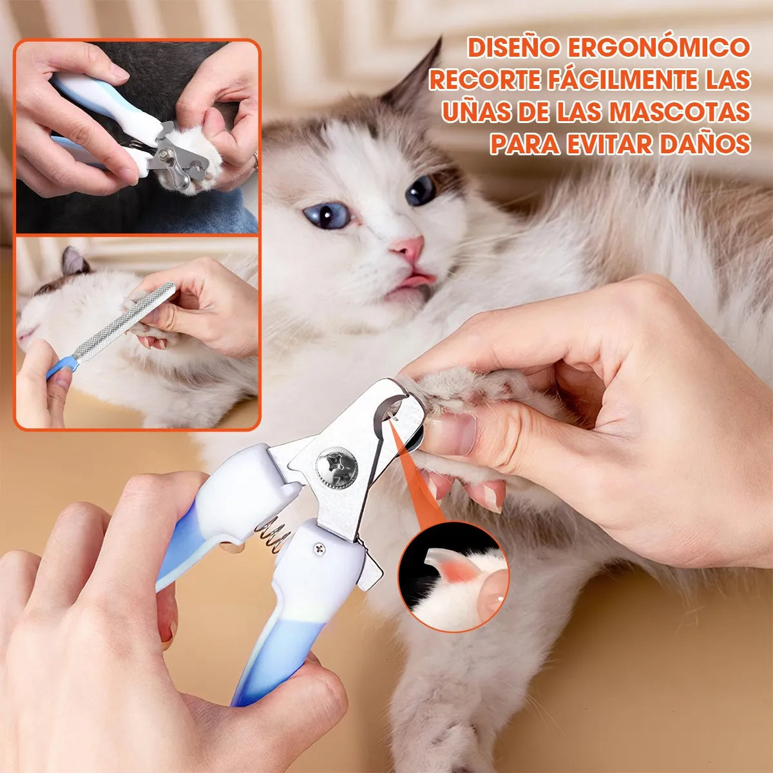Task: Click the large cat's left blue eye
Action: point(327,215)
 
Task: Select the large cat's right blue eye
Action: point(421,189)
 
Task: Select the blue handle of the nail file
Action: point(62,367)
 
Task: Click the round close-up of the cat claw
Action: point(453,576)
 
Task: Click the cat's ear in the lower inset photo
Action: point(75,260)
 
